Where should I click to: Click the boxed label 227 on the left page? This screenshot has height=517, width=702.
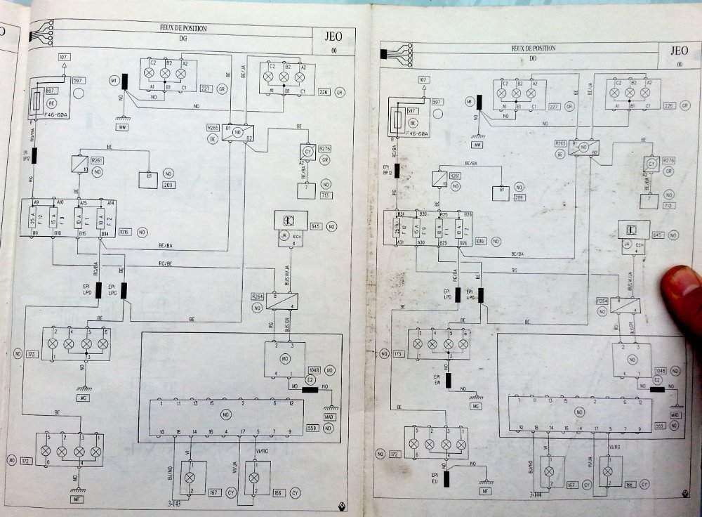pyautogui.click(x=206, y=89)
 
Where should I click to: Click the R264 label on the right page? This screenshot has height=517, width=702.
pyautogui.click(x=601, y=301)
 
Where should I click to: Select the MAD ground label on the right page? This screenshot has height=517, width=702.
pyautogui.click(x=676, y=415)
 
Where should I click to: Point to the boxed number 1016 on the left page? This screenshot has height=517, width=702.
pyautogui.click(x=125, y=230)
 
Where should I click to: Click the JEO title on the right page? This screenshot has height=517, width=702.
pyautogui.click(x=679, y=51)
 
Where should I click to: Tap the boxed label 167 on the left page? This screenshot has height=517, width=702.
pyautogui.click(x=215, y=492)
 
